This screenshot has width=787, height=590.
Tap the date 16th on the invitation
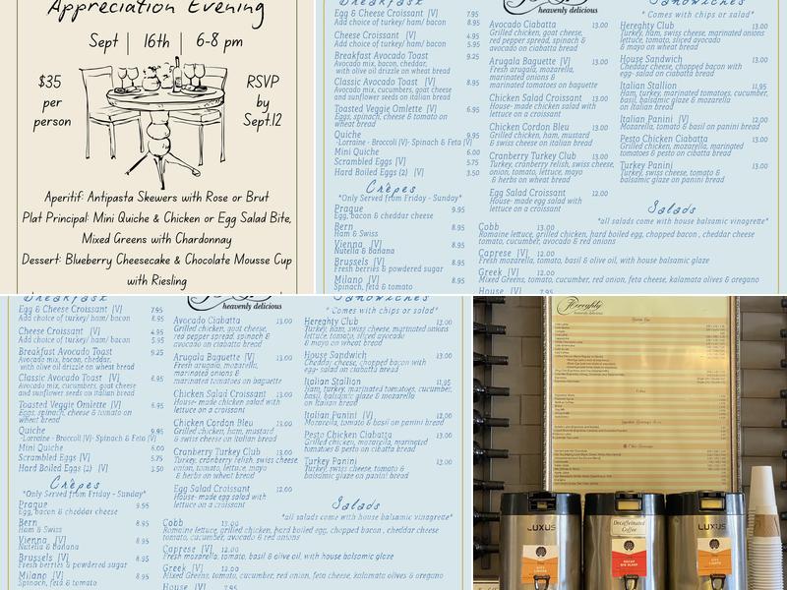(x=155, y=42)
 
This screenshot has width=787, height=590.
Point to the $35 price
(x=50, y=83)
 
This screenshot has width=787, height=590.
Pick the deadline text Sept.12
(x=263, y=121)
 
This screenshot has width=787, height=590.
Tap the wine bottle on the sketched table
(x=176, y=73)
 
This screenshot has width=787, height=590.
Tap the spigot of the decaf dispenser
(x=630, y=582)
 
